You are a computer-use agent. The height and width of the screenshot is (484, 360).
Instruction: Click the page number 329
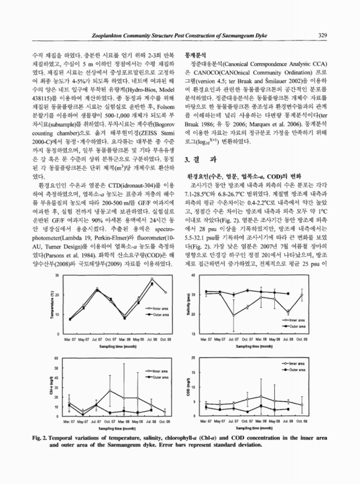[325, 34]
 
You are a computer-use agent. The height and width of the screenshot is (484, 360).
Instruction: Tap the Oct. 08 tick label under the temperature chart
[165, 339]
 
